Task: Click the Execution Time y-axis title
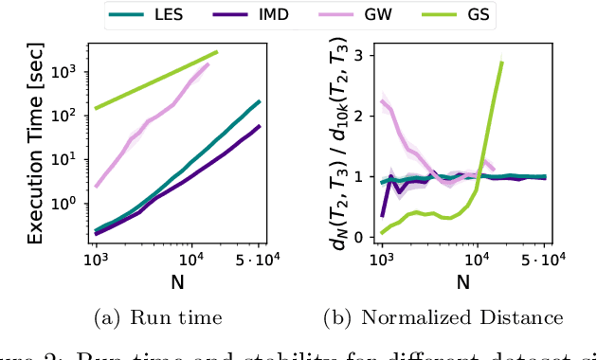(x=35, y=142)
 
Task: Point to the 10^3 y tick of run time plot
(x=70, y=72)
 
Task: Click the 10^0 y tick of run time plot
(x=70, y=203)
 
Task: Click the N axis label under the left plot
(x=178, y=281)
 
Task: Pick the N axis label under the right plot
(x=463, y=281)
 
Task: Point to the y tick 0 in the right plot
(x=358, y=237)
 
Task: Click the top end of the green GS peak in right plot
(x=501, y=62)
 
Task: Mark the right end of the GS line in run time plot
(x=217, y=52)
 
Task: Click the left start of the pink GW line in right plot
(x=382, y=100)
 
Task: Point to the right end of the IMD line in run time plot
(x=260, y=126)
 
